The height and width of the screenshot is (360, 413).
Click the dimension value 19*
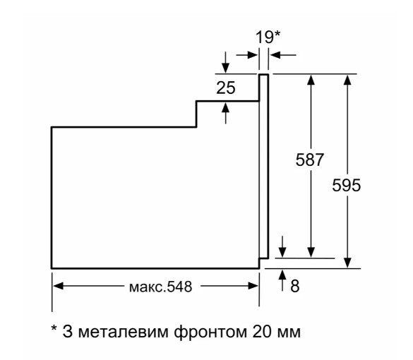click(x=268, y=37)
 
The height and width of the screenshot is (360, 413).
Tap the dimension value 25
click(x=226, y=88)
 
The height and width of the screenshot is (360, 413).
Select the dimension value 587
click(x=309, y=160)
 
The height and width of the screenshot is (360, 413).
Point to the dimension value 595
click(x=346, y=185)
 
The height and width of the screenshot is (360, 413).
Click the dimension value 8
click(x=295, y=286)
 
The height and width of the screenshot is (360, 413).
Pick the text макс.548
click(x=160, y=287)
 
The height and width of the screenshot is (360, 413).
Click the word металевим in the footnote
click(x=124, y=332)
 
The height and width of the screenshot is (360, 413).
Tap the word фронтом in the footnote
click(x=210, y=332)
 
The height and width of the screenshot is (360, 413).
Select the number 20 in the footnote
click(x=262, y=332)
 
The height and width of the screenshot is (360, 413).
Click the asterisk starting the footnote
click(x=54, y=329)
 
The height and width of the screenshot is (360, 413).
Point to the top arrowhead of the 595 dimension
click(x=347, y=80)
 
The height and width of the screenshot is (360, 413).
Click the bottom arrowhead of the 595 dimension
click(x=347, y=263)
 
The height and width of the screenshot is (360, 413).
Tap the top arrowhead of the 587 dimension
click(x=311, y=80)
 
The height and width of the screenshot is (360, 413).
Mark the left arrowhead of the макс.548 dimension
click(x=58, y=286)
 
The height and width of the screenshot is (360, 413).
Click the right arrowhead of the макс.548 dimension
click(x=253, y=286)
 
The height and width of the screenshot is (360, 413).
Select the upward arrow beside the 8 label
click(x=282, y=280)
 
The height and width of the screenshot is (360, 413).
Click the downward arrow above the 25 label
click(x=225, y=62)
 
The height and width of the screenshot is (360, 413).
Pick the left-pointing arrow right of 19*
click(x=283, y=55)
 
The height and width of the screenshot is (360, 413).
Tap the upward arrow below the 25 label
click(x=225, y=113)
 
